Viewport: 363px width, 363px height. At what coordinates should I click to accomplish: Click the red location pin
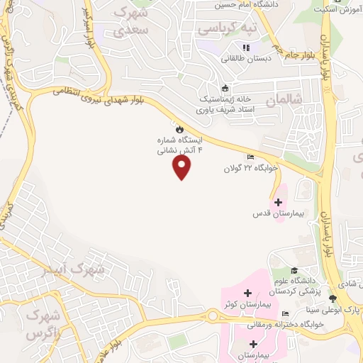coord(182,167)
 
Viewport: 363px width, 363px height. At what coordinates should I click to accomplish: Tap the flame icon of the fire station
coord(180,129)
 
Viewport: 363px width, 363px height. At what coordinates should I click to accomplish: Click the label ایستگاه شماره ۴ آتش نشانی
coord(180,145)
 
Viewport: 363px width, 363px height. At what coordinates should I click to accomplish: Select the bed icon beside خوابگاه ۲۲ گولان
coord(250,157)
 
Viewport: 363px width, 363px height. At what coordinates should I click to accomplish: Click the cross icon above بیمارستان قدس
coord(277,202)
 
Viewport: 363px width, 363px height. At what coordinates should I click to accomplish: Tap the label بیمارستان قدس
coord(277,213)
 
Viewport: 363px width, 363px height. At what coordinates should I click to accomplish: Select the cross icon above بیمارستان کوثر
coord(247,293)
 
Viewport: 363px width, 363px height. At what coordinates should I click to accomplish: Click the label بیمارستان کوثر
coord(247,304)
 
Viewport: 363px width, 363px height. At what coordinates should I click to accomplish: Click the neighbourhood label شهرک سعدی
coord(134,21)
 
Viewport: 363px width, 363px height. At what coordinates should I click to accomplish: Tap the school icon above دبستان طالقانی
coord(246,48)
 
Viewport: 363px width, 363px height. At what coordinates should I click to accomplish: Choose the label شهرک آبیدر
coord(103,269)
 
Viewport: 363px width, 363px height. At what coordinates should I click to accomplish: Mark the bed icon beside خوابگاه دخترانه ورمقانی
coord(285,314)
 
